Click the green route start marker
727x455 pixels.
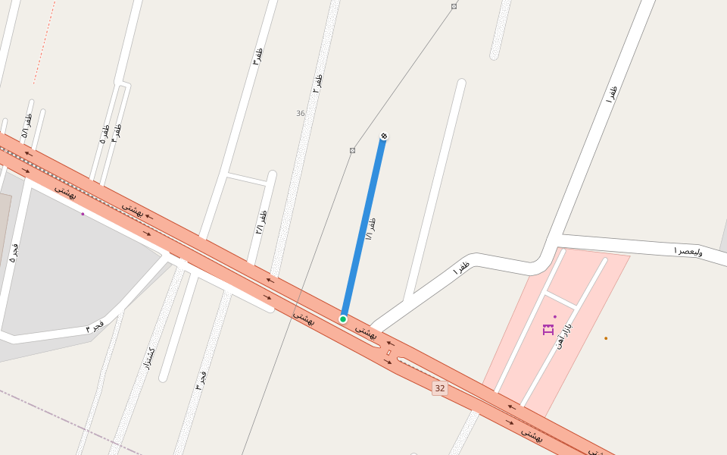point(343,319)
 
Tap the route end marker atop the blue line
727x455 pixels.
point(384,136)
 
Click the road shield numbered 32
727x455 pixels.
point(440,388)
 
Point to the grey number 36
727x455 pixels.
point(301,114)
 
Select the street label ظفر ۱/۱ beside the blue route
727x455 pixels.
point(370,228)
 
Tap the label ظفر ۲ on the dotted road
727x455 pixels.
point(318,83)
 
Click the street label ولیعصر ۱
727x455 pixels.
point(688,250)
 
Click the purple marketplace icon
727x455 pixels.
point(548,329)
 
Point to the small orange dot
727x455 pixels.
point(606,338)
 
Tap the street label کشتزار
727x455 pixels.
point(148,358)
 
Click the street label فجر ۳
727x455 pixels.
point(201,380)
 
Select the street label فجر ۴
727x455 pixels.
point(95,326)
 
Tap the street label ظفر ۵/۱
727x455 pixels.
point(27,125)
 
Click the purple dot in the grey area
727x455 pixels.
point(83,214)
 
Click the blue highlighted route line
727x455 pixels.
point(363,227)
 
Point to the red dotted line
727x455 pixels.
point(44,42)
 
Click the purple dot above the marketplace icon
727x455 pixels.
point(555,317)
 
